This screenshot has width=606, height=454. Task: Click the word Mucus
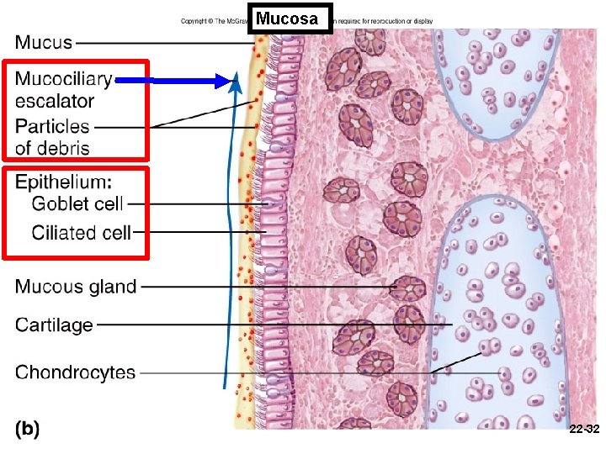44,41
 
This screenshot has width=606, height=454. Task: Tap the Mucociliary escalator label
63,90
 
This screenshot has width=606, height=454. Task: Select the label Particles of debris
52,138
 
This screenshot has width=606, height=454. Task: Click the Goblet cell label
77,203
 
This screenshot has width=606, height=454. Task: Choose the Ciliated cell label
81,232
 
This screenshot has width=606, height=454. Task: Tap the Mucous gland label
76,287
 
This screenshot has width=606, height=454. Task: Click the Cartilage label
54,325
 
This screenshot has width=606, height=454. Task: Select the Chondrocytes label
75,372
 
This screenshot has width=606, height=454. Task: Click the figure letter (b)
27,428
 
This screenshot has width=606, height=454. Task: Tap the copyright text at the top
215,21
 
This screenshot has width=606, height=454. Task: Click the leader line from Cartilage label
269,325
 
